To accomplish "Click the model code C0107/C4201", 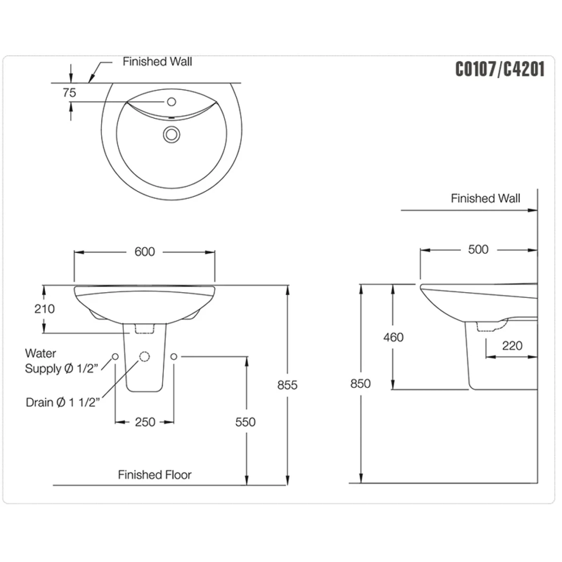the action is pos(500,69).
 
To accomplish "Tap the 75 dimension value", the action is pos(69,93).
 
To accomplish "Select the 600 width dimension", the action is pos(145,252).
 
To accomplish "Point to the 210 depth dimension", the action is pos(44,309).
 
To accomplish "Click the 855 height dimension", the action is pos(287,385).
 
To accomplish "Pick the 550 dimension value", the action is pos(245,422).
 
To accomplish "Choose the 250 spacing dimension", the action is pos(145,422).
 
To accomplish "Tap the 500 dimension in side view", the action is pos(478,249).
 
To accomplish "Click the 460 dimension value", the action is pos(393,338).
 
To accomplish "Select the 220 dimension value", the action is pos(512,346).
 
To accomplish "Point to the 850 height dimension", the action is pos(360,383).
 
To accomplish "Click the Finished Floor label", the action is pos(155,475).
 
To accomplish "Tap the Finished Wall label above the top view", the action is pos(157,61).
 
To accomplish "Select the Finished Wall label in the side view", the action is pos(486,198).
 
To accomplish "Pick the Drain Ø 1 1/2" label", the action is pos(63,403).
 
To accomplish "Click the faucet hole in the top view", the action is pos(171,102).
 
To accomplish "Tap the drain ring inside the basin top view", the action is pos(171,134).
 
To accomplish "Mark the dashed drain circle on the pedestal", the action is pos(145,356).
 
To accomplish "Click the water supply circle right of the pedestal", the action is pos(174,356).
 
